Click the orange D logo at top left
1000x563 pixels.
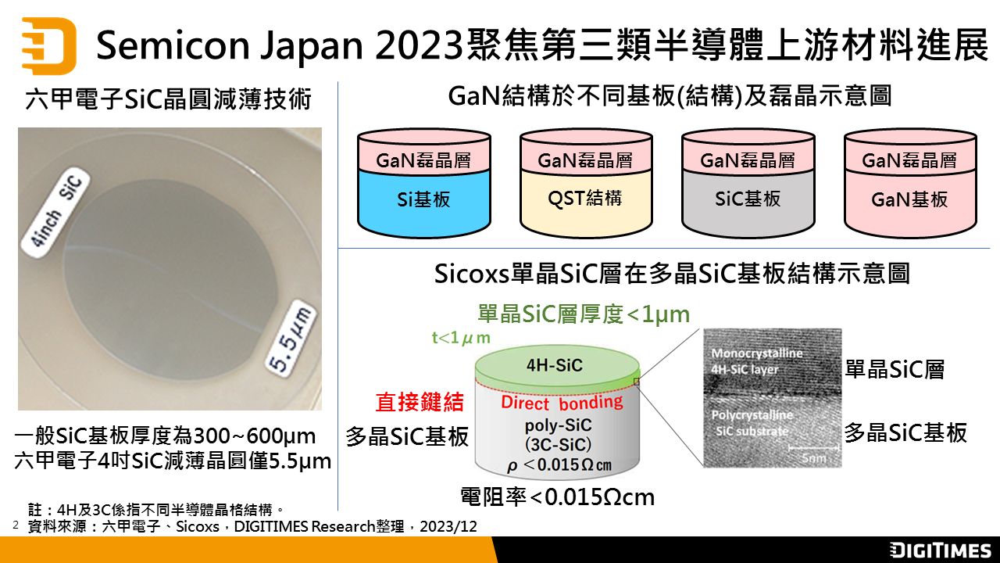(x=49, y=45)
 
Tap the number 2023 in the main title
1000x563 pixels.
(x=419, y=45)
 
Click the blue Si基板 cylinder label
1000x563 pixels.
(x=423, y=199)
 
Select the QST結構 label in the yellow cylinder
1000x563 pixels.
(x=585, y=198)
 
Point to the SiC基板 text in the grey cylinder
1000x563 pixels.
(x=748, y=199)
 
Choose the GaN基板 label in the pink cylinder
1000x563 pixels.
(x=909, y=199)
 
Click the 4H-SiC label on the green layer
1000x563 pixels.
(x=555, y=365)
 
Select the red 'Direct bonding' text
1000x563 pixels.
(x=562, y=403)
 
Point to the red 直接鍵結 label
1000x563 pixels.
(x=420, y=402)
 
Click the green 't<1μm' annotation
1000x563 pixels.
(x=461, y=337)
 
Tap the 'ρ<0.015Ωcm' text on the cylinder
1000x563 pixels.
(x=559, y=465)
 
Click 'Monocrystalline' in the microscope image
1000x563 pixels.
(x=757, y=353)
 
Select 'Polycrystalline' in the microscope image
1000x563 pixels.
(x=752, y=415)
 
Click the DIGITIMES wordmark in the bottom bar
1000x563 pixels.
(x=940, y=550)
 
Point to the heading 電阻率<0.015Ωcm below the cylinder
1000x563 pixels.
(x=558, y=497)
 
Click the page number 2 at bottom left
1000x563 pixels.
(x=16, y=525)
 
